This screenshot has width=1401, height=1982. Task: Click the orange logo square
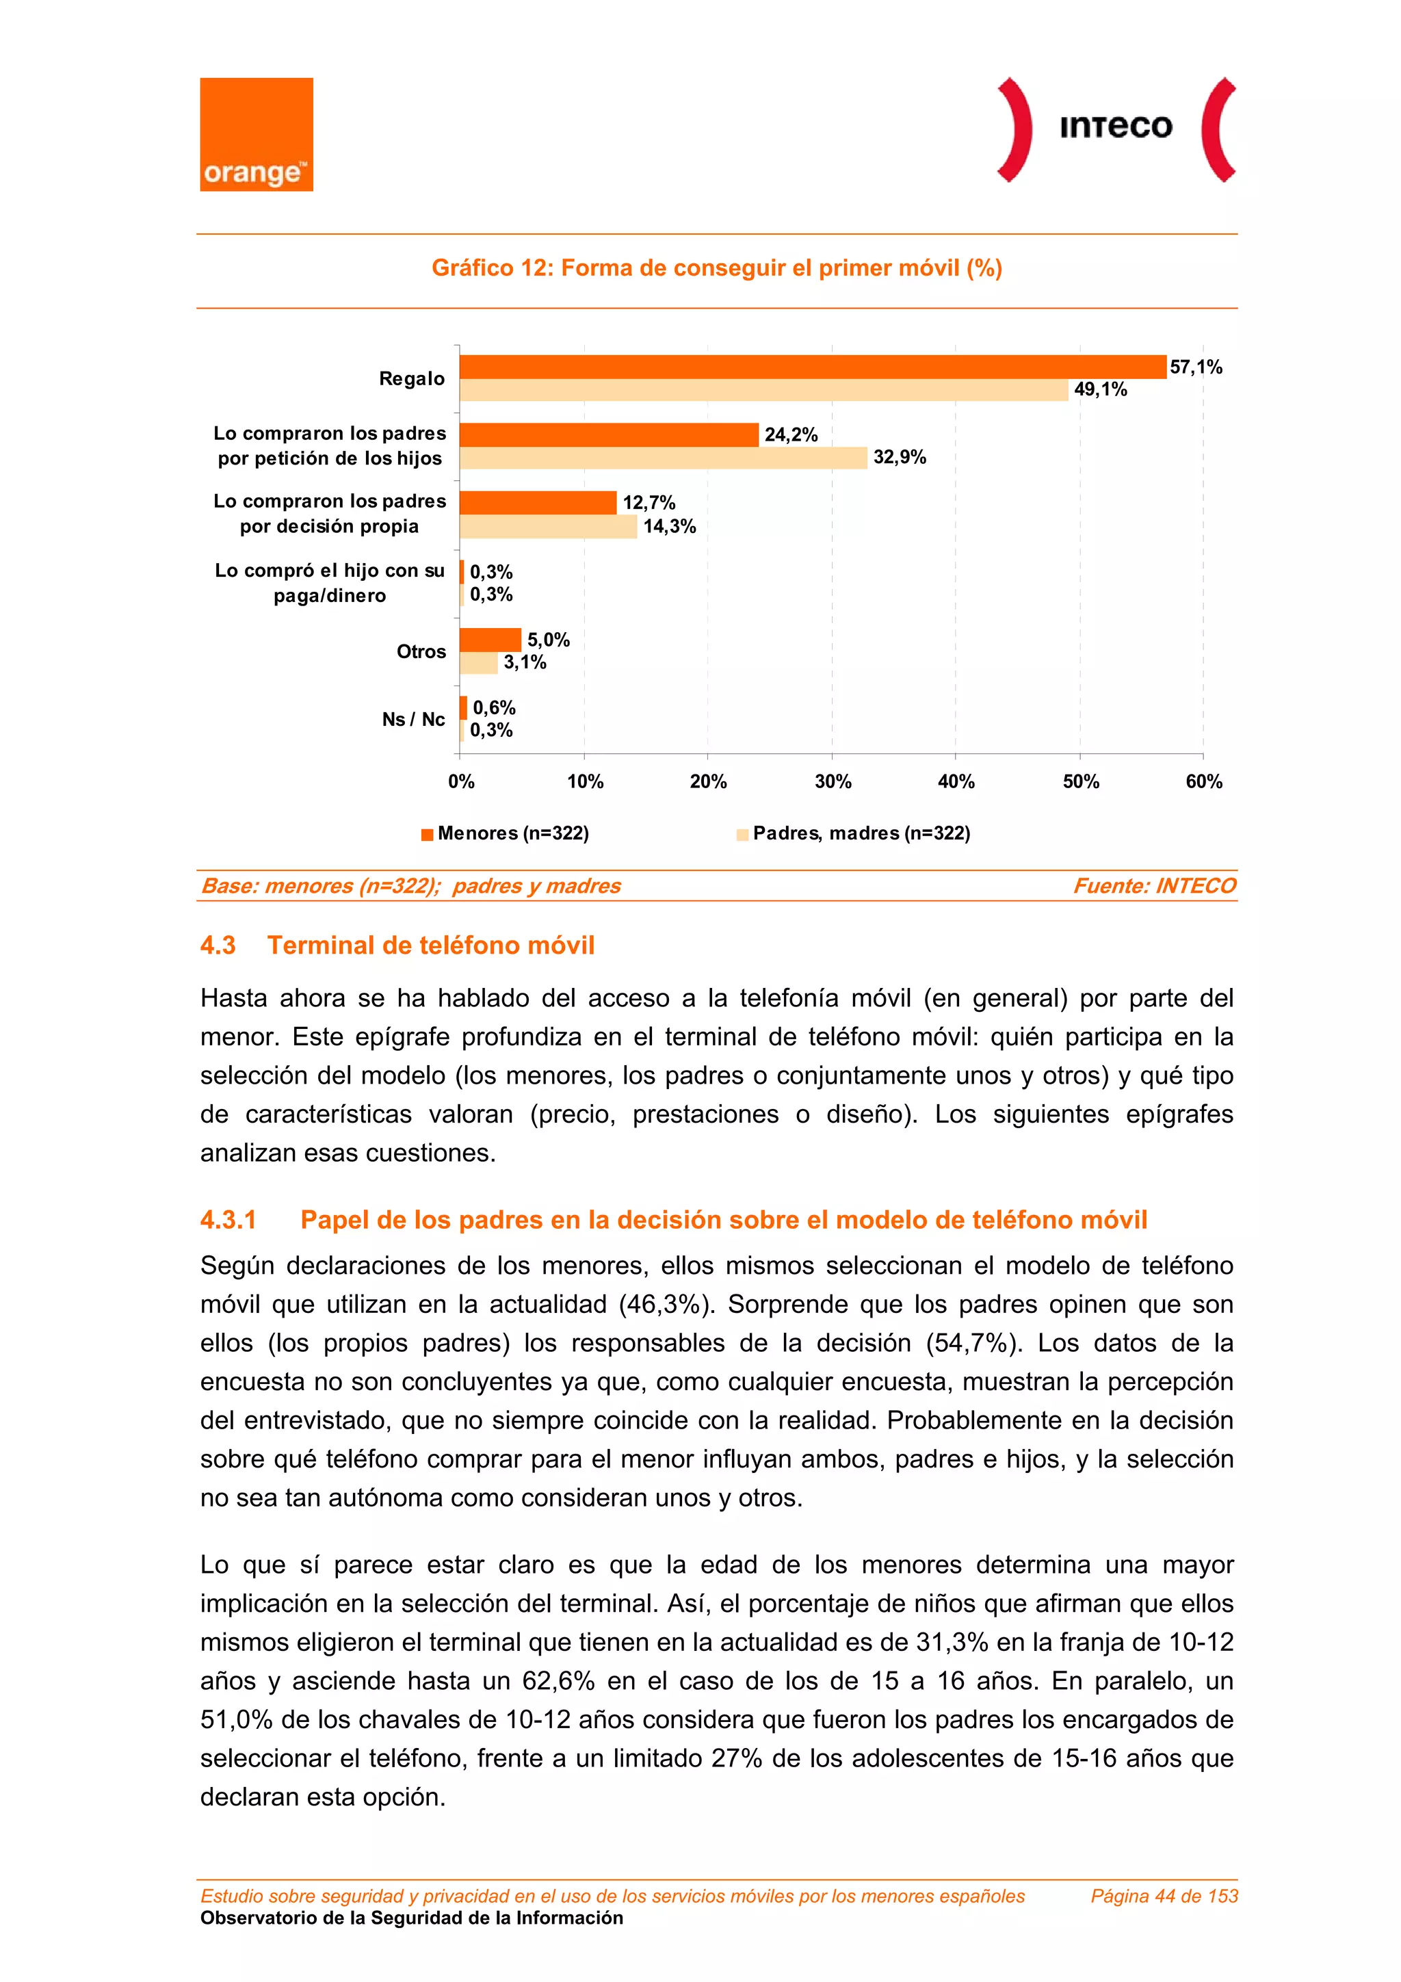(x=257, y=134)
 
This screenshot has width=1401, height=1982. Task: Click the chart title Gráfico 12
(x=716, y=268)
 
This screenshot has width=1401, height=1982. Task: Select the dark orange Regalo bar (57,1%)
(x=811, y=367)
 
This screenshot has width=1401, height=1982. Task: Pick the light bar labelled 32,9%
(x=663, y=458)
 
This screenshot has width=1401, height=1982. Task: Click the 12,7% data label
(x=649, y=502)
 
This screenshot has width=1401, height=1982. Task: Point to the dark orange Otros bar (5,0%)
(x=490, y=640)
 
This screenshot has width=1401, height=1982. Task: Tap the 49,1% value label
(x=1100, y=389)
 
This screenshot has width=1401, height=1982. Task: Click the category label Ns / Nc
(x=413, y=719)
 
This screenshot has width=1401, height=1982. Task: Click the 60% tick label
(x=1203, y=781)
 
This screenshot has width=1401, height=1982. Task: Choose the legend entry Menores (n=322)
(x=513, y=833)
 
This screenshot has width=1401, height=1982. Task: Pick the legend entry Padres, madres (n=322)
(x=861, y=833)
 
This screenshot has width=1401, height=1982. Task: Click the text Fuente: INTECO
(x=1154, y=886)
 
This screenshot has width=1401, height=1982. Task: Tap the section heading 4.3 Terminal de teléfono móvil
(x=397, y=946)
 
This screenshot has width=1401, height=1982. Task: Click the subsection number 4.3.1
(x=228, y=1220)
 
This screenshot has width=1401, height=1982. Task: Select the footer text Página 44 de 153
(x=1164, y=1896)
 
